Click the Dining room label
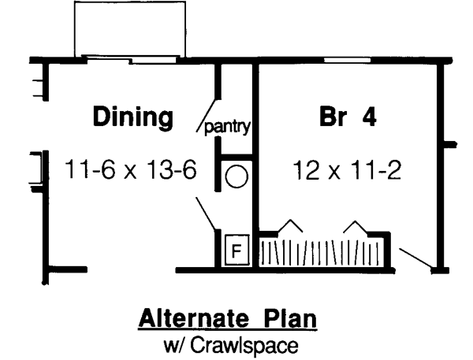tap(133, 117)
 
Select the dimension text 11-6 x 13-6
tap(130, 169)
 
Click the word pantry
tap(228, 126)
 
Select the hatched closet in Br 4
tap(322, 253)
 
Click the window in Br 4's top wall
tap(346, 60)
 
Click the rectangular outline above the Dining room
tap(130, 28)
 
